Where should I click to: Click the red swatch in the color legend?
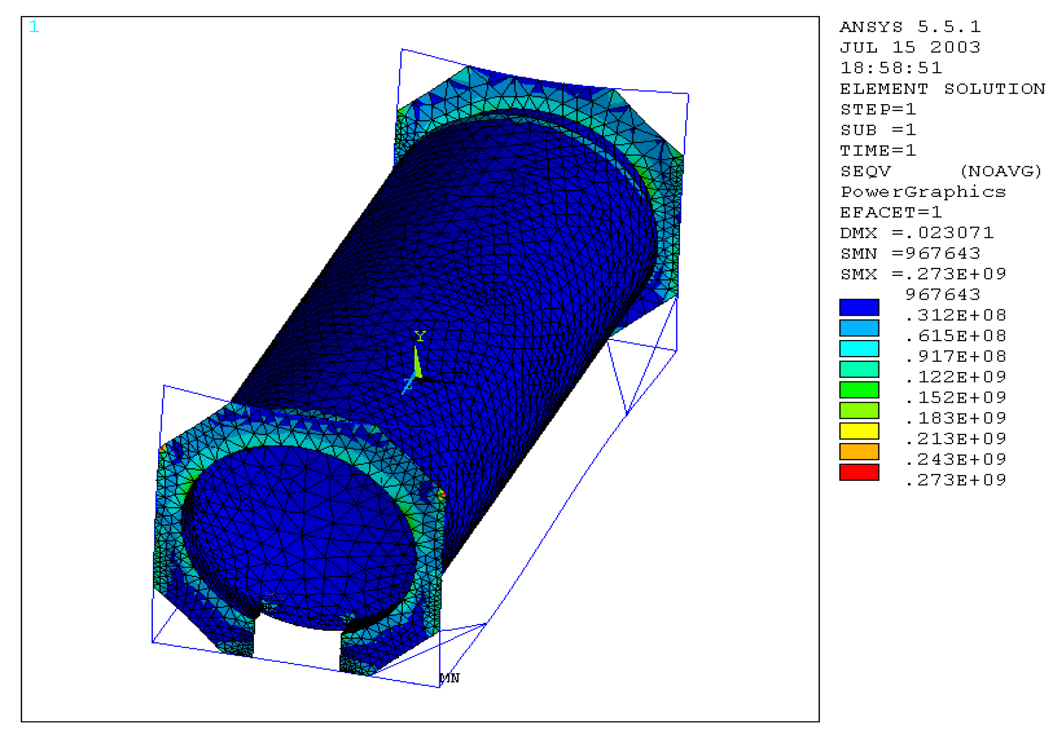click(x=859, y=472)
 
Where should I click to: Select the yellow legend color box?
click(x=859, y=431)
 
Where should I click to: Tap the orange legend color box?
click(x=859, y=451)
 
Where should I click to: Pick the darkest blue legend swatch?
click(x=859, y=307)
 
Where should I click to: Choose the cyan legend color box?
click(x=859, y=348)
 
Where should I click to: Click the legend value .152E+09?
click(x=956, y=398)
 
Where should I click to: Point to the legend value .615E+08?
click(x=956, y=336)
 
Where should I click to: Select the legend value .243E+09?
click(x=956, y=459)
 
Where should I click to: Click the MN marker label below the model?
click(x=449, y=678)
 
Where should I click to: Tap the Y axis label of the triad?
click(x=420, y=336)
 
